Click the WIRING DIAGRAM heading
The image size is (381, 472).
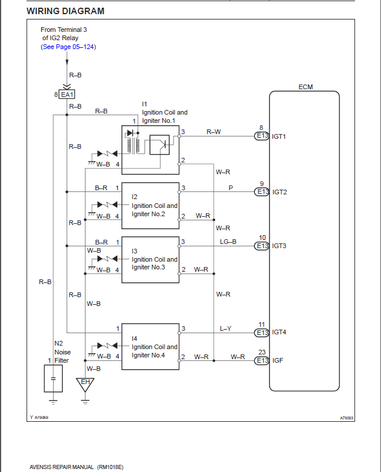pos(65,11)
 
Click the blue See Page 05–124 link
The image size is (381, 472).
pos(68,47)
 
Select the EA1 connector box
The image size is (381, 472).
pos(67,95)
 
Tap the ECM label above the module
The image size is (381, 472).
pos(306,87)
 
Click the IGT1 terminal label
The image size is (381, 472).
pos(279,136)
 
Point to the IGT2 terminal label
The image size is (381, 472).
pos(279,192)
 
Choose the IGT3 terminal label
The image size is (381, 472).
pos(279,246)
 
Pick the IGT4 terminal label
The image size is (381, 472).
pos(279,333)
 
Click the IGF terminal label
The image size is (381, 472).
pos(277,360)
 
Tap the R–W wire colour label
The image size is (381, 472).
pos(214,132)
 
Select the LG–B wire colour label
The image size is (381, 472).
pos(228,242)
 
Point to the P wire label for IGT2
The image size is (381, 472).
pos(231,188)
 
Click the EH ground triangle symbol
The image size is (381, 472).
pos(85,384)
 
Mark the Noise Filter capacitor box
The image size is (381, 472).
pos(53,378)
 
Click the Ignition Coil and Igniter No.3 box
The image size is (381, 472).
pos(150,259)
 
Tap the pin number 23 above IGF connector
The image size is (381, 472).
pos(262,353)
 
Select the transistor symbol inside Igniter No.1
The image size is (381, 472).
pos(159,144)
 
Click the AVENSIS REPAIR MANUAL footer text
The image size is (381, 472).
pos(77,467)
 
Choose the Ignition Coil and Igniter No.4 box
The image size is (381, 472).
pos(150,347)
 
